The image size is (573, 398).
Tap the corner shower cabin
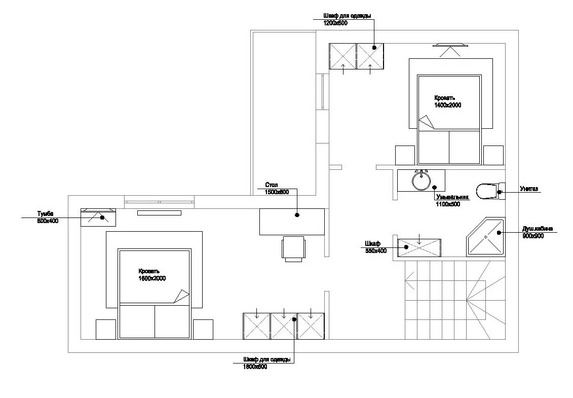(x=486, y=237)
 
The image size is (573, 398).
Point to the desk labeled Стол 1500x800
(x=292, y=222)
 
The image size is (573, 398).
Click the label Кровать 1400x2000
(x=447, y=102)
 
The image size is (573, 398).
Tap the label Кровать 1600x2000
(x=152, y=275)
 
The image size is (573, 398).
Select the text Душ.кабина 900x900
(x=537, y=232)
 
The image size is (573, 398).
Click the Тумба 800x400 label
(x=48, y=218)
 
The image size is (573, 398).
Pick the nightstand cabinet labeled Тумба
(x=98, y=218)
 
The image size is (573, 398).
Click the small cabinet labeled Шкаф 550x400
(x=419, y=247)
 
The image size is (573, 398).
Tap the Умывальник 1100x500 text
(x=452, y=201)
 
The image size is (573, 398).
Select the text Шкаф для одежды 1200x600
(x=347, y=19)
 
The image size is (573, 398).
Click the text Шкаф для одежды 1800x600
(x=267, y=363)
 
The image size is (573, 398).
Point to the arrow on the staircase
(x=410, y=280)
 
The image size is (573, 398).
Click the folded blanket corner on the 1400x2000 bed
(x=427, y=122)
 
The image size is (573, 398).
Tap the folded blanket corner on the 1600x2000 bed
(x=181, y=296)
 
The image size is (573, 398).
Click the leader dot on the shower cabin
(x=499, y=232)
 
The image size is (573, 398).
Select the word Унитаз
(x=529, y=189)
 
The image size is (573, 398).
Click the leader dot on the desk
(x=297, y=215)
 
